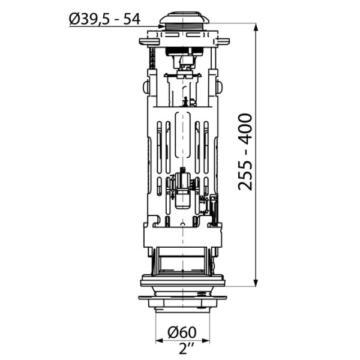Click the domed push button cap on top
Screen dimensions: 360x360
(x=184, y=16)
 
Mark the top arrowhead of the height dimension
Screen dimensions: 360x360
(x=257, y=28)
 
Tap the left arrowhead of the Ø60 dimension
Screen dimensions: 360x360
(x=159, y=340)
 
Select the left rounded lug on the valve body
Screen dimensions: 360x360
(x=146, y=88)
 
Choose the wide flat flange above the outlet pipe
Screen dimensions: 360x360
(x=184, y=298)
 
